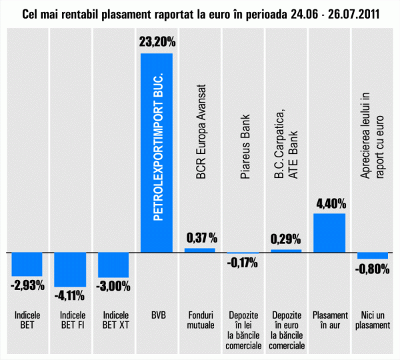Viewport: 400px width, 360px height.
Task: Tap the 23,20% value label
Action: coord(157,42)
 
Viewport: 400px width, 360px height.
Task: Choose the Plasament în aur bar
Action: coord(329,233)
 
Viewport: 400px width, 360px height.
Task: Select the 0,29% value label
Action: coord(286,238)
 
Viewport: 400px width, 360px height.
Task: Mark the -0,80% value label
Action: coord(372,269)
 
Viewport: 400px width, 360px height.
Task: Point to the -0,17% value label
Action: coord(243,263)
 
